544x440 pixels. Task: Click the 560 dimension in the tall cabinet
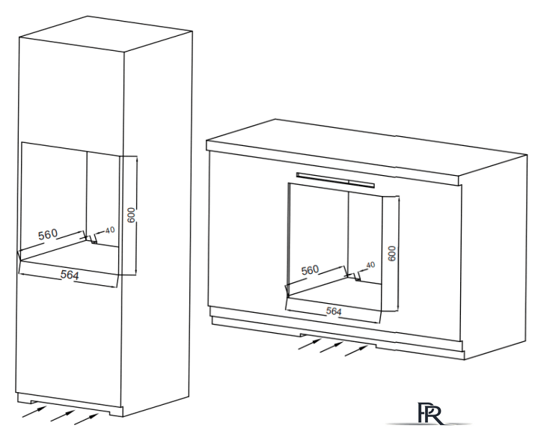(x=48, y=235)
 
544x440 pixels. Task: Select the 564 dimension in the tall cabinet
(x=71, y=275)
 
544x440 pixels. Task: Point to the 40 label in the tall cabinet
(x=110, y=230)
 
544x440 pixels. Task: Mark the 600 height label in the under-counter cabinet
(x=391, y=252)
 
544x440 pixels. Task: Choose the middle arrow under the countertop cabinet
(x=331, y=346)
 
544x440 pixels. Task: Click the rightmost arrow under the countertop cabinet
(x=358, y=349)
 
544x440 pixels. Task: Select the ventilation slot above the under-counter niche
(x=334, y=178)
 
